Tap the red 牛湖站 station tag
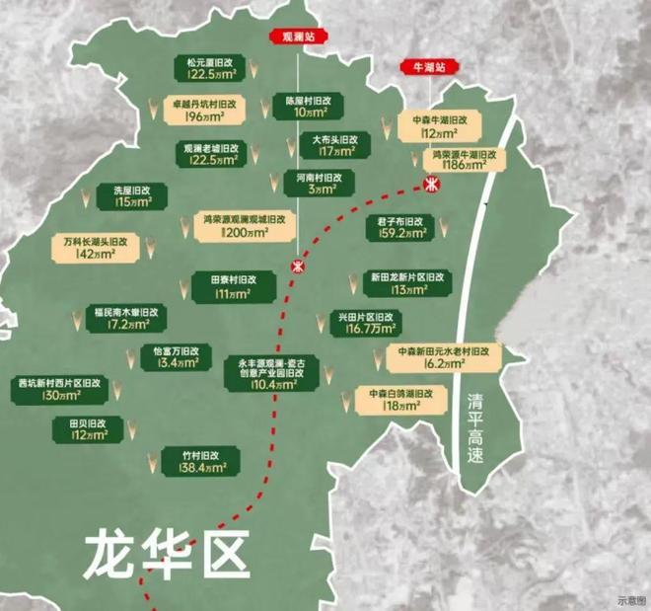click(x=429, y=67)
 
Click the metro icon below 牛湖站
click(x=431, y=185)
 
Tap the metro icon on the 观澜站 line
click(x=297, y=266)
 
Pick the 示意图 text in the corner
click(x=630, y=599)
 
